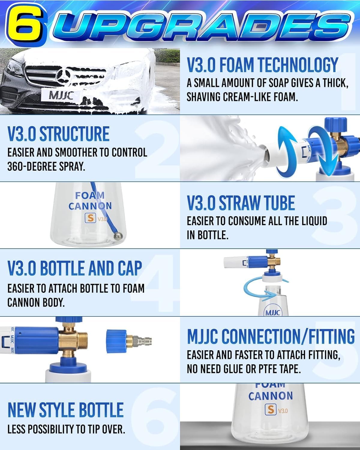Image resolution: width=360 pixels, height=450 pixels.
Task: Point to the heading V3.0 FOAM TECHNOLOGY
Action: coord(262,64)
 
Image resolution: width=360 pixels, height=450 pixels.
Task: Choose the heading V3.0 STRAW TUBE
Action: coord(241,203)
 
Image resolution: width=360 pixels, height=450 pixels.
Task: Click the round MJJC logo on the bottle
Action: coord(272,313)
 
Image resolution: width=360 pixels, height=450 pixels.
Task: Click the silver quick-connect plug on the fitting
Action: coord(143,341)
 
